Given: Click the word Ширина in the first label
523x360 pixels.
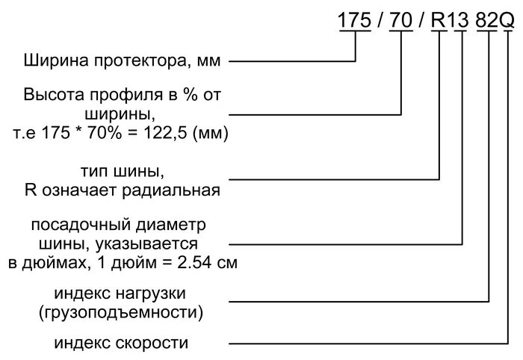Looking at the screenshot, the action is coord(51,60).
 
